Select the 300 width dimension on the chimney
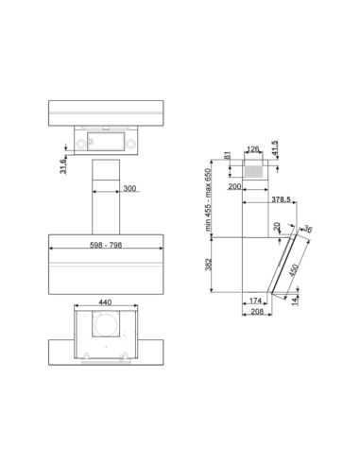coord(129,189)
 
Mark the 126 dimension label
coord(252,147)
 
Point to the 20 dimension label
coord(278,227)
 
